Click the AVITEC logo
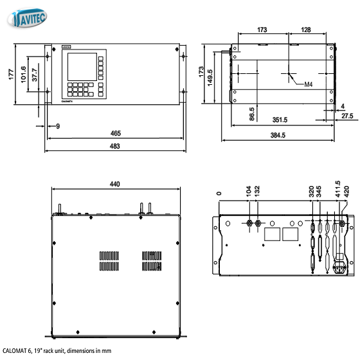point(27,18)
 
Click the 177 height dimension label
point(11,75)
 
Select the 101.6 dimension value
point(23,75)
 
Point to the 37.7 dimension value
point(35,75)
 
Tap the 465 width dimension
point(116,133)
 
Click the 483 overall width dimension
point(115,146)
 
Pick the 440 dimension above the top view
point(115,184)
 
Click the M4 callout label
point(309,84)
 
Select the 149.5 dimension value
point(210,78)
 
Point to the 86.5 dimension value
point(252,114)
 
